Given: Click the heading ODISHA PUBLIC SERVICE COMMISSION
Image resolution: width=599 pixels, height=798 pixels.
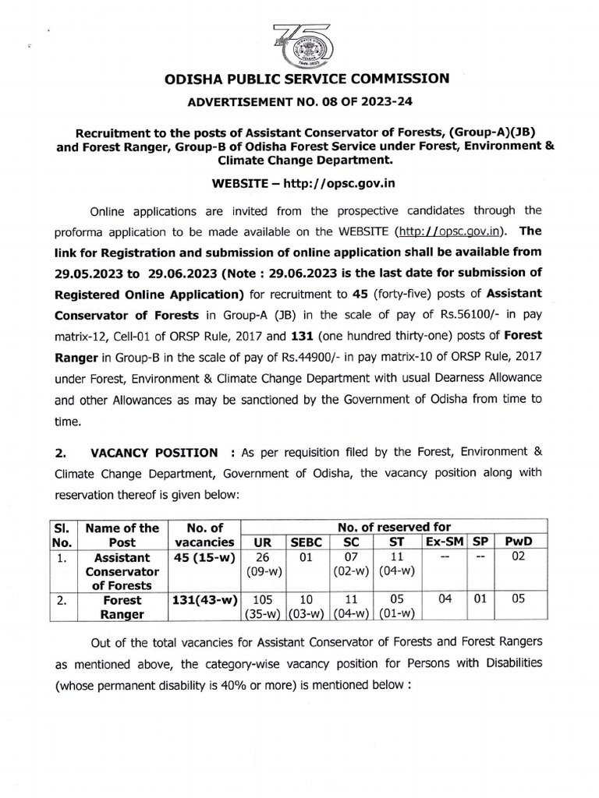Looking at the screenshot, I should (299, 78).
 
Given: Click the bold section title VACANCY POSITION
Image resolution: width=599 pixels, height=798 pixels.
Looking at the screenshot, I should (154, 452).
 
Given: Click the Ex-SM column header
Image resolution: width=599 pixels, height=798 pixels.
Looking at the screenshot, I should (440, 541).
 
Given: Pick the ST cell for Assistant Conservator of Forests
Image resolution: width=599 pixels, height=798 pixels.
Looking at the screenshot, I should (397, 565).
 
